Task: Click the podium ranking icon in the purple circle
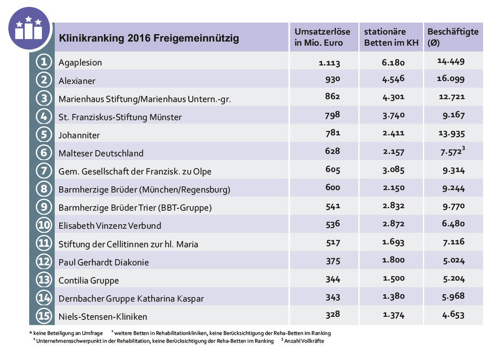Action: point(29,28)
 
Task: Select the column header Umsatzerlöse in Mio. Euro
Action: point(322,37)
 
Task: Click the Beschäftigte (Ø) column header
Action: point(453,37)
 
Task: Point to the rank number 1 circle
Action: point(44,62)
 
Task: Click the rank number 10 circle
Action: point(44,225)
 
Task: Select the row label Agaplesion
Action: point(80,62)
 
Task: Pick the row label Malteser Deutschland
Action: point(101,153)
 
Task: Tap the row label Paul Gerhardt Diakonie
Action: point(104,262)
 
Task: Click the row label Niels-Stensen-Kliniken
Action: point(103,316)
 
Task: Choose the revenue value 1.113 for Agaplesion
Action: point(329,62)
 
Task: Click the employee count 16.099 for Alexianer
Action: point(451,79)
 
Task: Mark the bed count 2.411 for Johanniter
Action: point(393,133)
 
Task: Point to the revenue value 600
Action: point(333,188)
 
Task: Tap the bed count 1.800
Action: point(393,260)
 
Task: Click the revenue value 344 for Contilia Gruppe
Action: point(333,278)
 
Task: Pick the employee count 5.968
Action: point(453,296)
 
